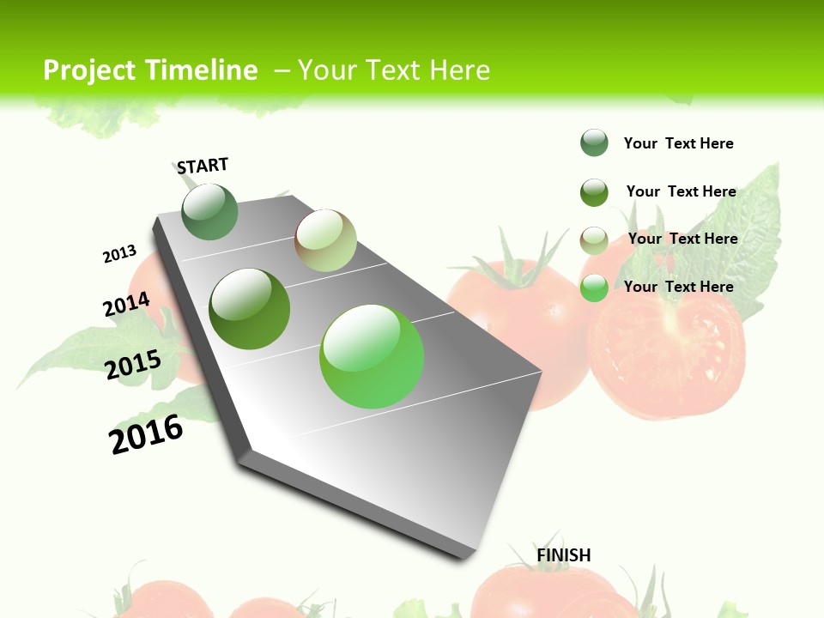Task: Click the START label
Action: point(203,166)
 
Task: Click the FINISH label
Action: point(564,555)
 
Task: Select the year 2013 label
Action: point(119,254)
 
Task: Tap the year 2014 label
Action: point(126,304)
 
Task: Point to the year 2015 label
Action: point(133,364)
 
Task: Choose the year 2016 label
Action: point(146,434)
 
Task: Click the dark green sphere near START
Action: point(209,211)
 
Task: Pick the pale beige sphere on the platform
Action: point(325,240)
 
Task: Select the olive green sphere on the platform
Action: point(250,309)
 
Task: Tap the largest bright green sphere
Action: point(372,356)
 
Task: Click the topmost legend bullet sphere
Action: point(594,142)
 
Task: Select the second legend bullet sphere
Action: point(594,192)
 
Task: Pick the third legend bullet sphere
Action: point(594,240)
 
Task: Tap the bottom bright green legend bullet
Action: point(594,288)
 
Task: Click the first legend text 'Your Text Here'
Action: point(678,143)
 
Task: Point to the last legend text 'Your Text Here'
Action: point(678,287)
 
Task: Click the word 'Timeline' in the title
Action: point(202,70)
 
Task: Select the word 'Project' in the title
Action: point(90,70)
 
